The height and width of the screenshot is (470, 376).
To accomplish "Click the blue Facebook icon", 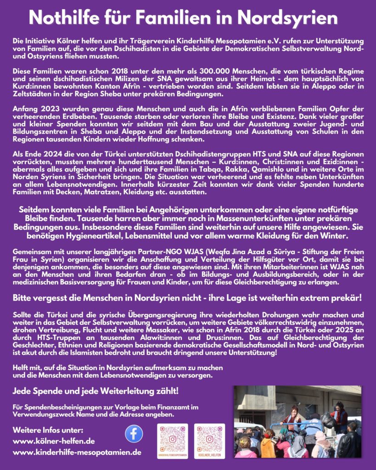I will coord(134,434).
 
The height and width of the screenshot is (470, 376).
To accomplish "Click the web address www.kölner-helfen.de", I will coord(54,442).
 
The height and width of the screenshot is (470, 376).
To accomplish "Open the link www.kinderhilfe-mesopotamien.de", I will coord(77,453).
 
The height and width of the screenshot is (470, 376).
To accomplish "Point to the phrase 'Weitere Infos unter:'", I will coord(48,431).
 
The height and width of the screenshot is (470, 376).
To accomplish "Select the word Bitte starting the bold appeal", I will coord(22,298).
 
